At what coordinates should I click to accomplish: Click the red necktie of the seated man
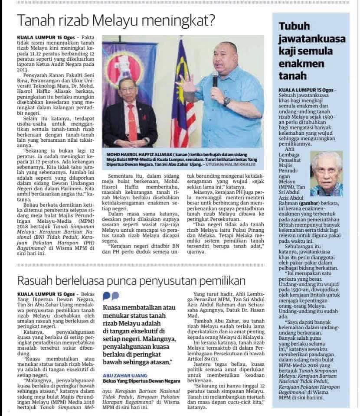pos(132,122)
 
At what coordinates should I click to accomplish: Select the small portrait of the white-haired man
pos(326,174)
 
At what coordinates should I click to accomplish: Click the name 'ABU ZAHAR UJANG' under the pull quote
pos(126,375)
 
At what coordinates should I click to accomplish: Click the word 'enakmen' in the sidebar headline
pos(300,64)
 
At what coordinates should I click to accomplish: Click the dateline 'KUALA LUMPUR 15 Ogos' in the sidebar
pos(303,89)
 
